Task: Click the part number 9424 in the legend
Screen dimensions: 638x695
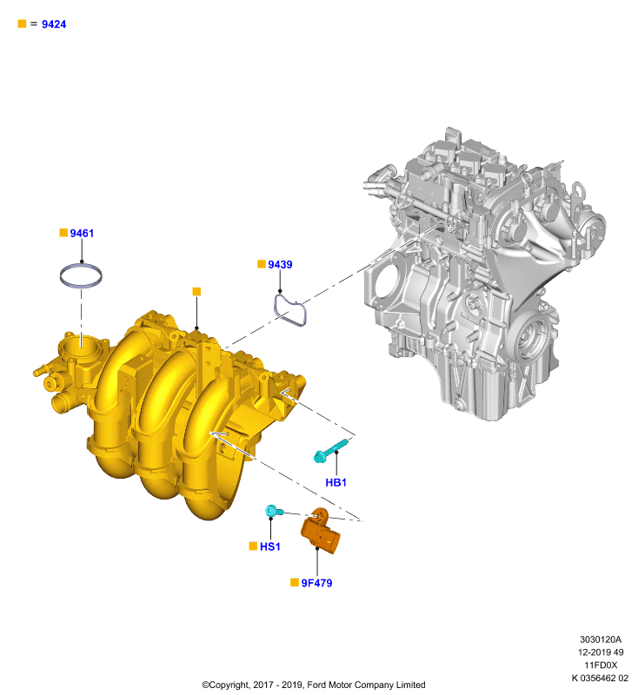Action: coord(54,24)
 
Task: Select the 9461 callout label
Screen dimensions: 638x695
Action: coord(82,233)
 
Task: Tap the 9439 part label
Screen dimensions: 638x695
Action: coord(280,265)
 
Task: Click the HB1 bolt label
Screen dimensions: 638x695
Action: coord(336,482)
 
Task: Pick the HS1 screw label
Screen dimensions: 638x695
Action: coord(270,546)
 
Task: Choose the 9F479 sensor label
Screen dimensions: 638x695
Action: coord(316,583)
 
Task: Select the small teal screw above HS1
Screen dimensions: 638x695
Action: coord(275,511)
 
